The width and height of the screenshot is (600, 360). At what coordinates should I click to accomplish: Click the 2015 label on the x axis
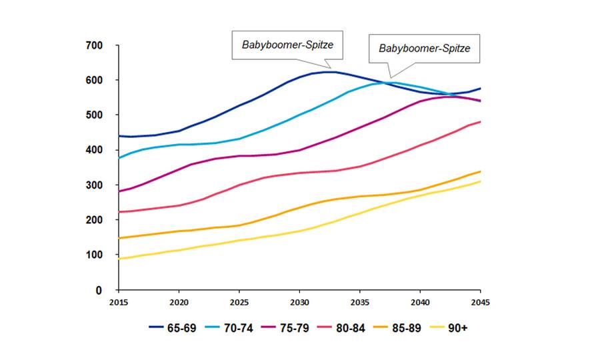tap(118, 301)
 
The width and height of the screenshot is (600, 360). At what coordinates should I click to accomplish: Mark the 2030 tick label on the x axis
tap(299, 301)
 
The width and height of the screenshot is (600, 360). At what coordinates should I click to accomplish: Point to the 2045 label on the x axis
tap(480, 301)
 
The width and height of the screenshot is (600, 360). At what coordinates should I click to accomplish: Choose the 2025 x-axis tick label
tap(239, 301)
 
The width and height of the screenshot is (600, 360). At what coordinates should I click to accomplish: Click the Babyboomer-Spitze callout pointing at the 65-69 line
tap(287, 46)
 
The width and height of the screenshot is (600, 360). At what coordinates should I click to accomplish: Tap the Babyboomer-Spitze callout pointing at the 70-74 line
tap(425, 49)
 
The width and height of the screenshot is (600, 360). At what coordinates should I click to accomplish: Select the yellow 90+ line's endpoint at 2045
tap(481, 181)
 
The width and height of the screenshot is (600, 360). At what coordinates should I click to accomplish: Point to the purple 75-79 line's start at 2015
tap(119, 191)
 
